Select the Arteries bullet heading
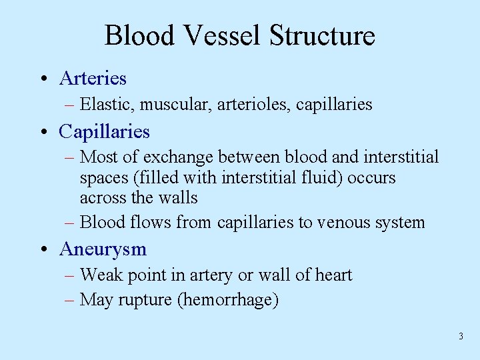[93, 78]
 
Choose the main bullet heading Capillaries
[104, 131]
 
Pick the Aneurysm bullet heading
[103, 249]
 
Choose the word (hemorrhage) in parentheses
[228, 300]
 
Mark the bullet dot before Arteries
[43, 79]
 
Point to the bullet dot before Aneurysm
[43, 250]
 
